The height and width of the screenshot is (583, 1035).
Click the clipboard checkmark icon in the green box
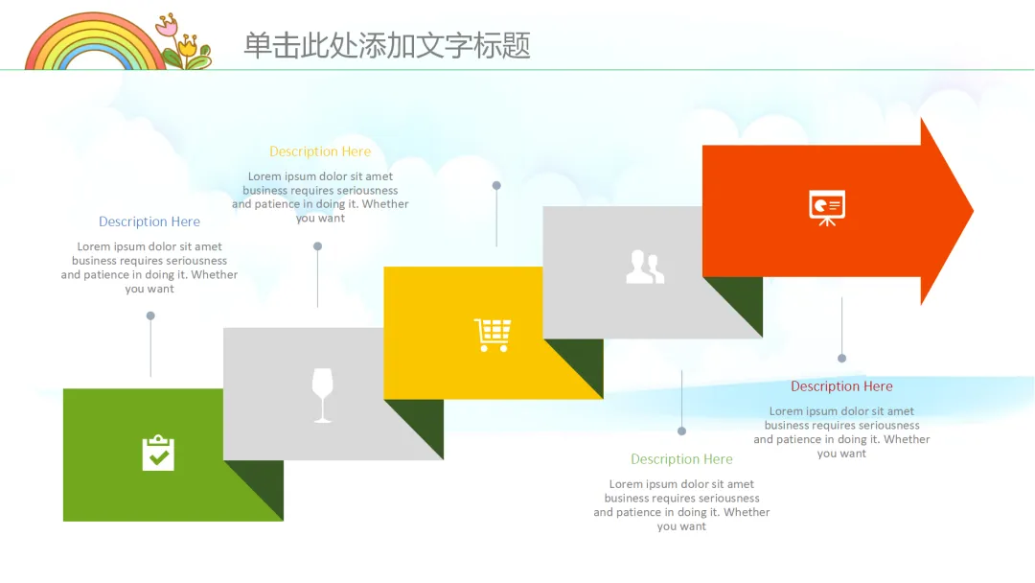click(x=158, y=453)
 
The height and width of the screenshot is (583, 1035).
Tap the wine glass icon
click(x=323, y=394)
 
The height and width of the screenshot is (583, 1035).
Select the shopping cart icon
click(x=493, y=335)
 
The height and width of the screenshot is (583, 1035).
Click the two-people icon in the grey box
click(x=645, y=267)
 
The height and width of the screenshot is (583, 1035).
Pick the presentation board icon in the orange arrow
click(x=827, y=207)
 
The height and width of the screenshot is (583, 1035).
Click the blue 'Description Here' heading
click(x=149, y=222)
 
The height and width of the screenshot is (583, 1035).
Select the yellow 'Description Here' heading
click(x=320, y=152)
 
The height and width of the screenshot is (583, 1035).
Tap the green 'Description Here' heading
click(x=681, y=459)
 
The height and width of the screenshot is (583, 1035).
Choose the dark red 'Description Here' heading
click(x=841, y=386)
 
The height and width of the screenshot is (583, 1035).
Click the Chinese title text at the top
click(x=387, y=45)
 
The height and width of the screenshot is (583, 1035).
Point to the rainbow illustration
click(x=95, y=46)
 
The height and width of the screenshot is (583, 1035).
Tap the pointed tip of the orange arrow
click(x=970, y=211)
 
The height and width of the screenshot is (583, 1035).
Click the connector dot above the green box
click(x=150, y=315)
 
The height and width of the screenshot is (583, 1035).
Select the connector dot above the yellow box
click(x=496, y=185)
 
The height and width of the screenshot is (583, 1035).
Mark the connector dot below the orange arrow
click(x=841, y=358)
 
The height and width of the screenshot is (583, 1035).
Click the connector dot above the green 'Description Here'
click(x=681, y=431)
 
